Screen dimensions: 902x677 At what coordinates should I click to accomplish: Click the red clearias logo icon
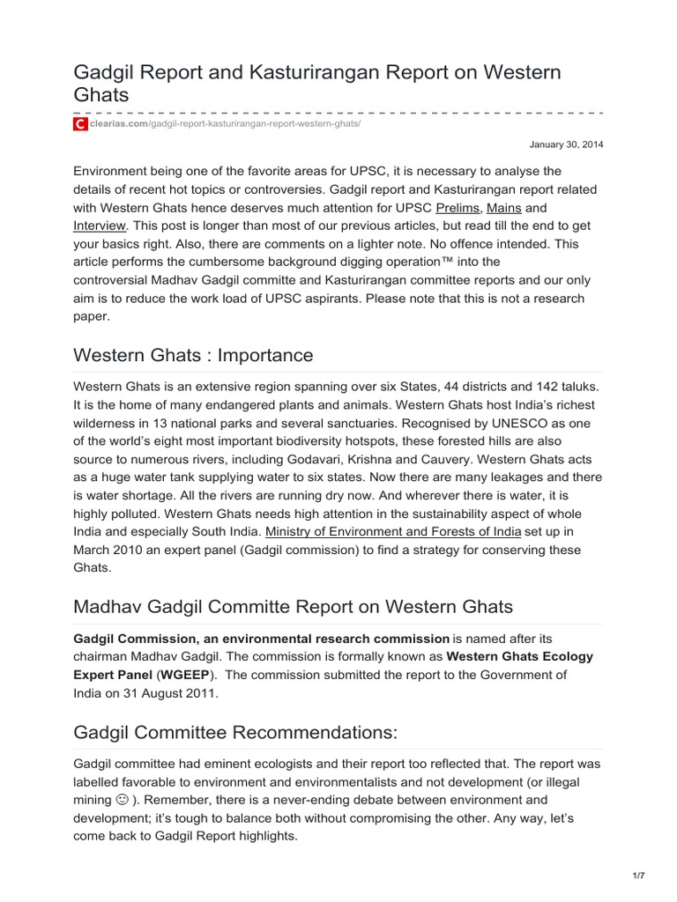tap(80, 125)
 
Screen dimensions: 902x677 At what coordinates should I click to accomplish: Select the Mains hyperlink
tap(504, 208)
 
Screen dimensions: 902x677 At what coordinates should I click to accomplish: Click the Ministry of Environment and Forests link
tap(393, 531)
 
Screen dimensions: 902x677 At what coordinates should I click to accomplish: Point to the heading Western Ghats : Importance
tap(193, 355)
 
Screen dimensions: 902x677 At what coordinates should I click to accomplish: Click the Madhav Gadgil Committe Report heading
tap(293, 606)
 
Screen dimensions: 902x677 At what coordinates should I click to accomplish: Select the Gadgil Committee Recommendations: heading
tap(235, 731)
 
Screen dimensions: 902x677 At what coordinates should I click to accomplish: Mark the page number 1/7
tap(639, 875)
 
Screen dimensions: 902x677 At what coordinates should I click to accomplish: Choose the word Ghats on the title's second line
tap(101, 94)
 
